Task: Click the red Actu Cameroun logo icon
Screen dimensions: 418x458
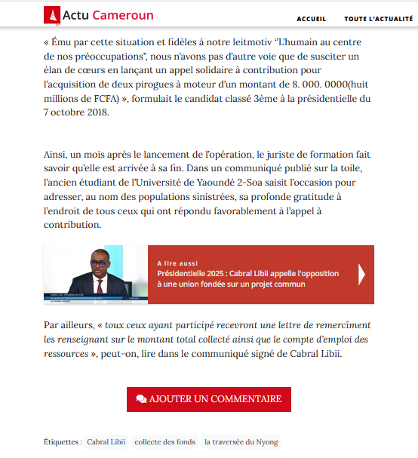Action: [51, 14]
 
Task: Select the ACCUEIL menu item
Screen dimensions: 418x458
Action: [312, 18]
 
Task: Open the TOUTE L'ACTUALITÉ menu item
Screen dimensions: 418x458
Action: [380, 18]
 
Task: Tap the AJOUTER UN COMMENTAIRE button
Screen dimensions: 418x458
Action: [208, 398]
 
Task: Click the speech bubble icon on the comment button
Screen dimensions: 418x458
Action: [141, 398]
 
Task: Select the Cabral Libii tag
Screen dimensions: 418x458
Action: [106, 441]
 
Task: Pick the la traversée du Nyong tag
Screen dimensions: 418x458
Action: [241, 441]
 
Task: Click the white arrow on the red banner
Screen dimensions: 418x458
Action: [361, 273]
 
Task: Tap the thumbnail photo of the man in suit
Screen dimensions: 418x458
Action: [96, 275]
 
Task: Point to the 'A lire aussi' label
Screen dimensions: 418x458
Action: [174, 263]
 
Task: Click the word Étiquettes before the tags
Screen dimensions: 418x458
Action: [62, 441]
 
